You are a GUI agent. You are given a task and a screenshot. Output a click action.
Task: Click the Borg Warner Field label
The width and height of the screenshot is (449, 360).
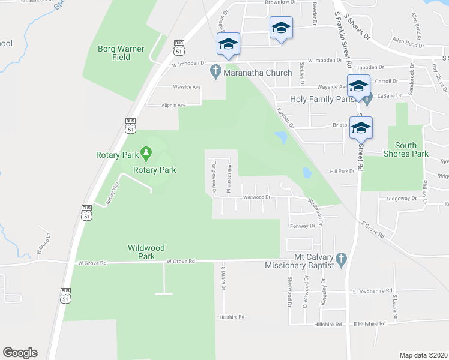[113, 52]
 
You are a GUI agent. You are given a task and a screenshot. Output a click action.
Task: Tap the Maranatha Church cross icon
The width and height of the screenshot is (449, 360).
[215, 73]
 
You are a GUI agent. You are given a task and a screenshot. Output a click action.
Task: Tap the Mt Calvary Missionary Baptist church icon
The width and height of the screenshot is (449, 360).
[341, 260]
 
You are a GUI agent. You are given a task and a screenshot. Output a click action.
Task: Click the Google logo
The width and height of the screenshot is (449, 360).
[20, 353]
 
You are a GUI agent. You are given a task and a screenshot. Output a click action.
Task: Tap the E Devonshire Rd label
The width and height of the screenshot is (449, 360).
[372, 290]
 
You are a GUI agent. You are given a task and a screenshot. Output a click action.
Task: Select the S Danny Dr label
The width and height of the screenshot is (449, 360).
[223, 279]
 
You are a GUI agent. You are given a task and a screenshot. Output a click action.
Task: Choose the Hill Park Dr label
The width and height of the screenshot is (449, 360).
[342, 171]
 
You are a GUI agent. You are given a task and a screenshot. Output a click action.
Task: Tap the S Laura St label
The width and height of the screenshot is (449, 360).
[395, 305]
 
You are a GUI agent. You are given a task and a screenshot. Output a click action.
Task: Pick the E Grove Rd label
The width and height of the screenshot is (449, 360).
[373, 229]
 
